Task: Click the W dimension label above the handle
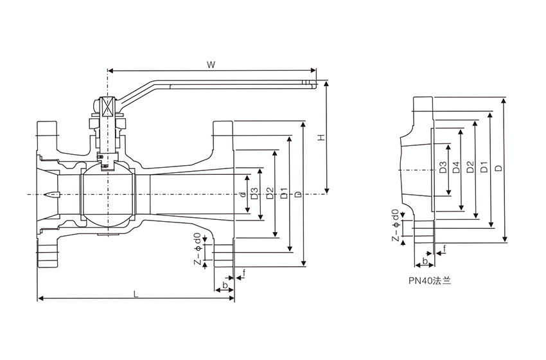[x=211, y=65]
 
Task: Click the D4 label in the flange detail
[x=455, y=168]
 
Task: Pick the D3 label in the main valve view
[x=255, y=194]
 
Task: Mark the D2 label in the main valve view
[x=269, y=194]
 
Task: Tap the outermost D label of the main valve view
[x=298, y=194]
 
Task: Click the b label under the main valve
[x=224, y=284]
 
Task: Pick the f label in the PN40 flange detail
[x=445, y=248]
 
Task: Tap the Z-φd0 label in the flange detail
[x=397, y=227]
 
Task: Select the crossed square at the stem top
[x=107, y=106]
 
